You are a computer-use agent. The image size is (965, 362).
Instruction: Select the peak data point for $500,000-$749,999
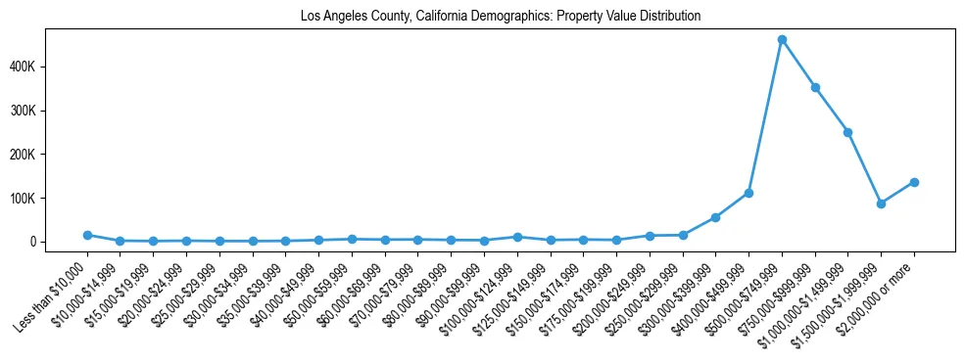coord(782,40)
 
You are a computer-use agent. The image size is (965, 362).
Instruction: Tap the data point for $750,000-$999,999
coord(815,88)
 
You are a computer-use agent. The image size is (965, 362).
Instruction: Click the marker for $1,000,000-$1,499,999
coord(847,132)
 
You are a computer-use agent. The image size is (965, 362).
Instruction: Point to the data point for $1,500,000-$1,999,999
coord(881,204)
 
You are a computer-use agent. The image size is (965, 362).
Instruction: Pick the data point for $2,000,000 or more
coord(914,182)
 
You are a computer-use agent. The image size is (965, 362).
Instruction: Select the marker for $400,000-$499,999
coord(748,193)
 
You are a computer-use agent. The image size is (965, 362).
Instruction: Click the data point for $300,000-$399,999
coord(715,217)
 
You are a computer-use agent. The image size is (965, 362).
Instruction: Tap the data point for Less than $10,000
coord(87,235)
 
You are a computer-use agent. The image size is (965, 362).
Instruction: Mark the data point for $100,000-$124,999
coord(517,237)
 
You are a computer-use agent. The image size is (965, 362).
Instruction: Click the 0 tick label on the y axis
coord(59,242)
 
